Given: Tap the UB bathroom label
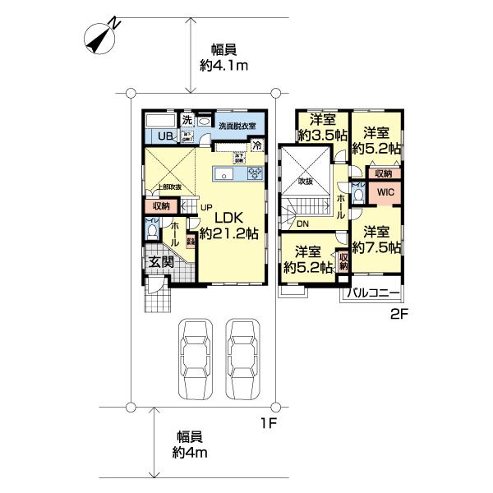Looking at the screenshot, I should coord(165,136).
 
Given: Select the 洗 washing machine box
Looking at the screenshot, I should coord(187,120).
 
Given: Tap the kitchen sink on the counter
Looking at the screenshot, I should coord(223,174).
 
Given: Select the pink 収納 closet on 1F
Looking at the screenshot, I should coord(160,205).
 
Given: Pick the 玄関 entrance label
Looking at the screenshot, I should coord(160,263).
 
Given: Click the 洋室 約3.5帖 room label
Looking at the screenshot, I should coord(322,127).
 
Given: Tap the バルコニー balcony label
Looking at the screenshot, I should coord(373,293).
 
